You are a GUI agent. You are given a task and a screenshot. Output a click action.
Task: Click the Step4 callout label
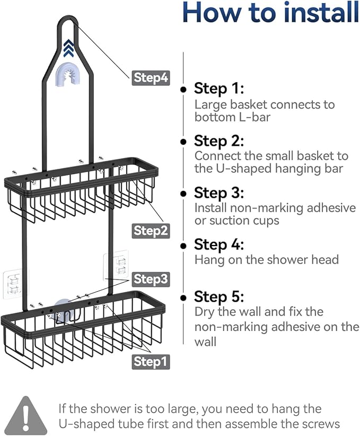(x=151, y=78)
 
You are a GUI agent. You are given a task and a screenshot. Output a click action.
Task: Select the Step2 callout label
(x=151, y=230)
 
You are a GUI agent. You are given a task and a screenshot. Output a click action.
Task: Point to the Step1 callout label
(x=151, y=361)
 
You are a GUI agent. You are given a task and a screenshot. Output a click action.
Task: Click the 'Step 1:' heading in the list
(x=218, y=88)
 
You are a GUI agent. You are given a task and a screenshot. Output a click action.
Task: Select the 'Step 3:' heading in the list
(x=219, y=192)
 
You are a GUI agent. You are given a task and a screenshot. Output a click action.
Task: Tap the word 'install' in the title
(x=315, y=13)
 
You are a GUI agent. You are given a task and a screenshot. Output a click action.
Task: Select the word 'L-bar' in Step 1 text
(x=253, y=117)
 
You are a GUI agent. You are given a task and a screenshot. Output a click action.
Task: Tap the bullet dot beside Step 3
(x=183, y=194)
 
